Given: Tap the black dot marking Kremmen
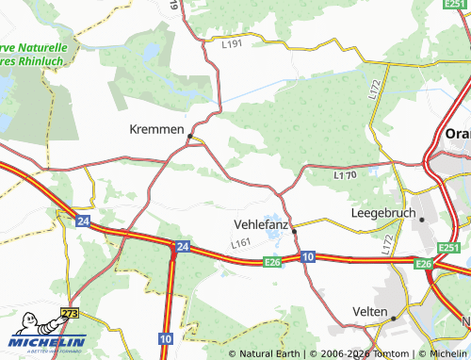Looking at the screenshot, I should (190, 137).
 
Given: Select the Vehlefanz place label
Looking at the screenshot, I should (261, 224).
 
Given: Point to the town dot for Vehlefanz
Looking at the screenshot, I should (294, 230).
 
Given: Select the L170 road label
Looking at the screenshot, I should (345, 174).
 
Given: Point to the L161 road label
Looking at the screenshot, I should (241, 244).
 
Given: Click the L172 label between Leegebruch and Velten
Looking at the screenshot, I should (387, 247).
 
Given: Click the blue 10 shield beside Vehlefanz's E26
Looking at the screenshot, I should (308, 256).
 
